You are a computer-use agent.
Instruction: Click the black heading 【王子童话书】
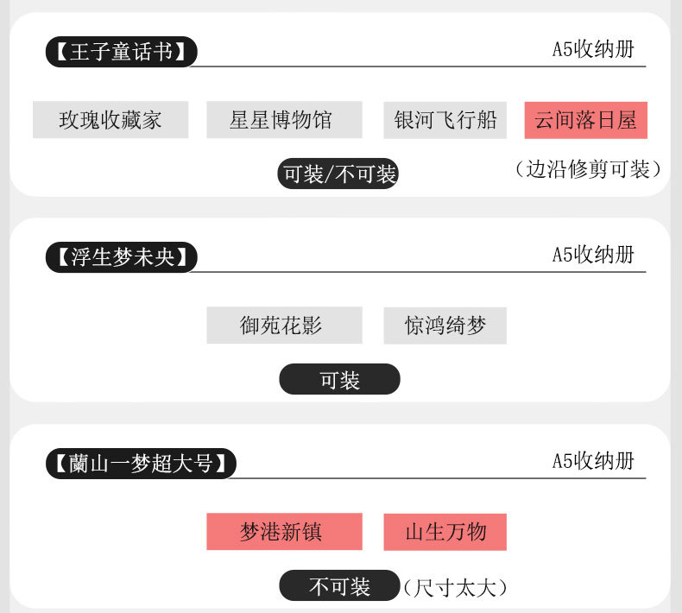tap(121, 52)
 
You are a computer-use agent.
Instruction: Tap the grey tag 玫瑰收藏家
tap(111, 119)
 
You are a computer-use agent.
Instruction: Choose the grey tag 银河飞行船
tap(445, 119)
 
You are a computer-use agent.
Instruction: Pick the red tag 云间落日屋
tap(585, 119)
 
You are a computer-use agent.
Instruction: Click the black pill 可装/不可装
tap(339, 174)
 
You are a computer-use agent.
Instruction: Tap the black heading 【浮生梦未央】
tap(121, 257)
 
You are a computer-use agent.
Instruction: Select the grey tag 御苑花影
tap(284, 325)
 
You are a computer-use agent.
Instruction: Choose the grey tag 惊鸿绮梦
tap(445, 325)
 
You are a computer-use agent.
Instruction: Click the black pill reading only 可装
tap(339, 380)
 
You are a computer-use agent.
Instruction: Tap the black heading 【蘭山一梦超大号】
tap(141, 464)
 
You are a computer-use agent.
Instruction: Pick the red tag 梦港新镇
tap(284, 531)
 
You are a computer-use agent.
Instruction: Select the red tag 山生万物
tap(445, 531)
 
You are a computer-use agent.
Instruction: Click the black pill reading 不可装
tap(339, 586)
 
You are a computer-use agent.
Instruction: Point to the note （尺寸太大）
tap(455, 588)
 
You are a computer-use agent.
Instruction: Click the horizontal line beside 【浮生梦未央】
tap(371, 272)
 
